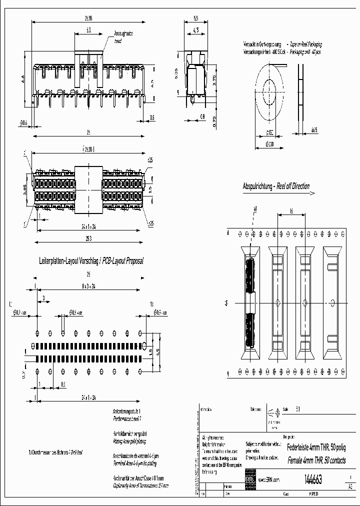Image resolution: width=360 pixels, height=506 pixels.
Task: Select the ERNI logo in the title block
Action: [249, 479]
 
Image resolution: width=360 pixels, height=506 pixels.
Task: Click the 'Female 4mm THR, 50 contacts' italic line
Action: [315, 460]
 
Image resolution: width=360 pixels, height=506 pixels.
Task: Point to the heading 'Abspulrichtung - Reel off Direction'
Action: [276, 186]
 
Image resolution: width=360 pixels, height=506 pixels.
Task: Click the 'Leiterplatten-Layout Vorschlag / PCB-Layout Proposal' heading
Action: [91, 261]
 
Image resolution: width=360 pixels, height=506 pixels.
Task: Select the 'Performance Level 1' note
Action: [127, 416]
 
